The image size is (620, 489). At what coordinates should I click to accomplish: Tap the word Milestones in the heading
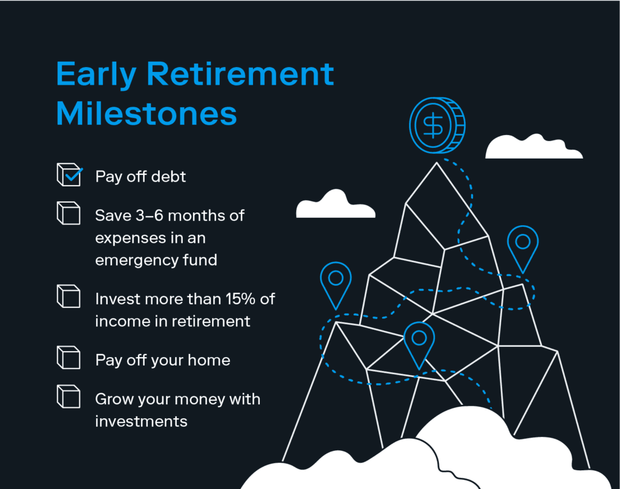(147, 113)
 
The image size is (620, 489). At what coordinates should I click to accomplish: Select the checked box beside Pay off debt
(70, 174)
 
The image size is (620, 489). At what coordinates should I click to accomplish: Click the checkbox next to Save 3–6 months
(69, 213)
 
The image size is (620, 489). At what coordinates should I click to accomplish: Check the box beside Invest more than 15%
(69, 296)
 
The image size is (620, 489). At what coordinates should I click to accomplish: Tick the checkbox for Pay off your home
(69, 357)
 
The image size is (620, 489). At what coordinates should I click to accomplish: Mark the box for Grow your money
(69, 396)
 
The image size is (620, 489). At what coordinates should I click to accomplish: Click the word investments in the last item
(141, 421)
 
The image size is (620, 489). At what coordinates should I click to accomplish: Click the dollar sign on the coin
(434, 125)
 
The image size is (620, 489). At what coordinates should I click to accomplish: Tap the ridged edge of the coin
(459, 125)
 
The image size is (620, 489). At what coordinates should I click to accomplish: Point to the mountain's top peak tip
(437, 162)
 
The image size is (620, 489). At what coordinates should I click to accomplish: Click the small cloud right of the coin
(533, 147)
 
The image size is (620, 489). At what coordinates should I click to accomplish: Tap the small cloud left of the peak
(335, 205)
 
